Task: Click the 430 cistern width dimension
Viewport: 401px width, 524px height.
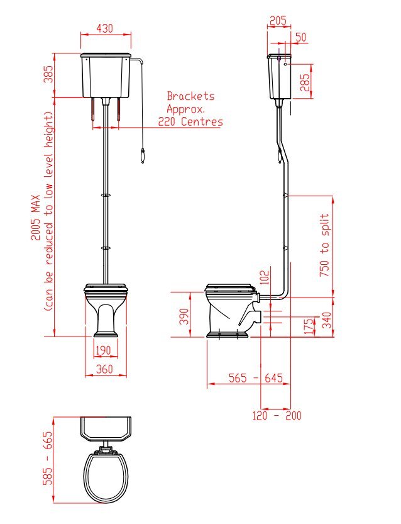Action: pos(105,28)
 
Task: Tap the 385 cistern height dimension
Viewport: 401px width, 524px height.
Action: pos(49,74)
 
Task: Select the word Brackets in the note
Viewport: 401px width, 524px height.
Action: pos(190,96)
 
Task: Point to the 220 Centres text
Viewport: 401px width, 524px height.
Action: pos(190,121)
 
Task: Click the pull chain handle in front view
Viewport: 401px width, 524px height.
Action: pos(143,157)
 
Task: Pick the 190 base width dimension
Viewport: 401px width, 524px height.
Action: pos(103,350)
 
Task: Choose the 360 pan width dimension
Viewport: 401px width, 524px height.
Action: pos(104,369)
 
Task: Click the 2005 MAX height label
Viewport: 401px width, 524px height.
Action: pos(36,218)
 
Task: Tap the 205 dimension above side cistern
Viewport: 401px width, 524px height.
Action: pos(278,21)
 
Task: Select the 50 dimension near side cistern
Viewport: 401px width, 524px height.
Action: pos(301,37)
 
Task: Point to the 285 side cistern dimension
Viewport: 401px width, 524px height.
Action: pos(304,82)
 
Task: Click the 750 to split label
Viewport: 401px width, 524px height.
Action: pos(324,245)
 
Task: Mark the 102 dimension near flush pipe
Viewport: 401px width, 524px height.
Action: pos(265,277)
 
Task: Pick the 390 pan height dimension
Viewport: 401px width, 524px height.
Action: pos(184,316)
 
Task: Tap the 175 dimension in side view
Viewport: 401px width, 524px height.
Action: pos(310,326)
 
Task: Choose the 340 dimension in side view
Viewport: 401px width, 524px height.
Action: pos(327,320)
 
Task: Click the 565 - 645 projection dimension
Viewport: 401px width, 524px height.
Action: pos(256,378)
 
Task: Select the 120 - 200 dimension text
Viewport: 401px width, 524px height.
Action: pos(277,416)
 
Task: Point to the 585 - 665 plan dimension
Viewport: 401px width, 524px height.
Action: pos(47,458)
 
